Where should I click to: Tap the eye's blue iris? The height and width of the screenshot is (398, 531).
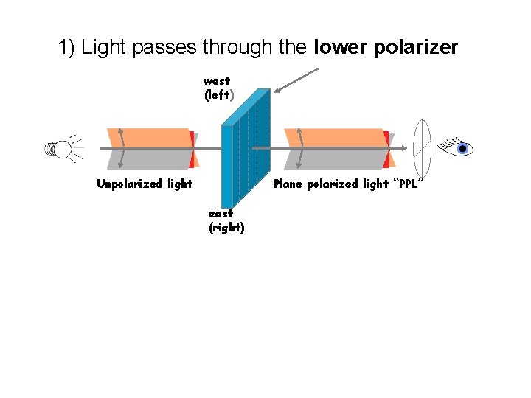[462, 149]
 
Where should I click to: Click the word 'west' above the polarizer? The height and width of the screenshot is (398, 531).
[217, 81]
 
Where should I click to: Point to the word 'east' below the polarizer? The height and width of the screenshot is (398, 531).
[221, 214]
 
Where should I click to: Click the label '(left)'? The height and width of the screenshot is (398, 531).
[219, 95]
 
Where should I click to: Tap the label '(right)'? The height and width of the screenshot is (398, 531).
[226, 228]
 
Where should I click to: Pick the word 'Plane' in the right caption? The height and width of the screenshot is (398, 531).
[288, 184]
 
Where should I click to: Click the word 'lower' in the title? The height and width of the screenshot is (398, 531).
[339, 48]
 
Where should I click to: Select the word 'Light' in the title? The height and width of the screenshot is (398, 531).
[103, 49]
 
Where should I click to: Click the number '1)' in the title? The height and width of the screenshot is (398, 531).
[67, 49]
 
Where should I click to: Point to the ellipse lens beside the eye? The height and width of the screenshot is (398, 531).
[423, 148]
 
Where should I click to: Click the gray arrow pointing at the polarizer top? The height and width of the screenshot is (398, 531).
[296, 80]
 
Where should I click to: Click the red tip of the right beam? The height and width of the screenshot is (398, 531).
[386, 148]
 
